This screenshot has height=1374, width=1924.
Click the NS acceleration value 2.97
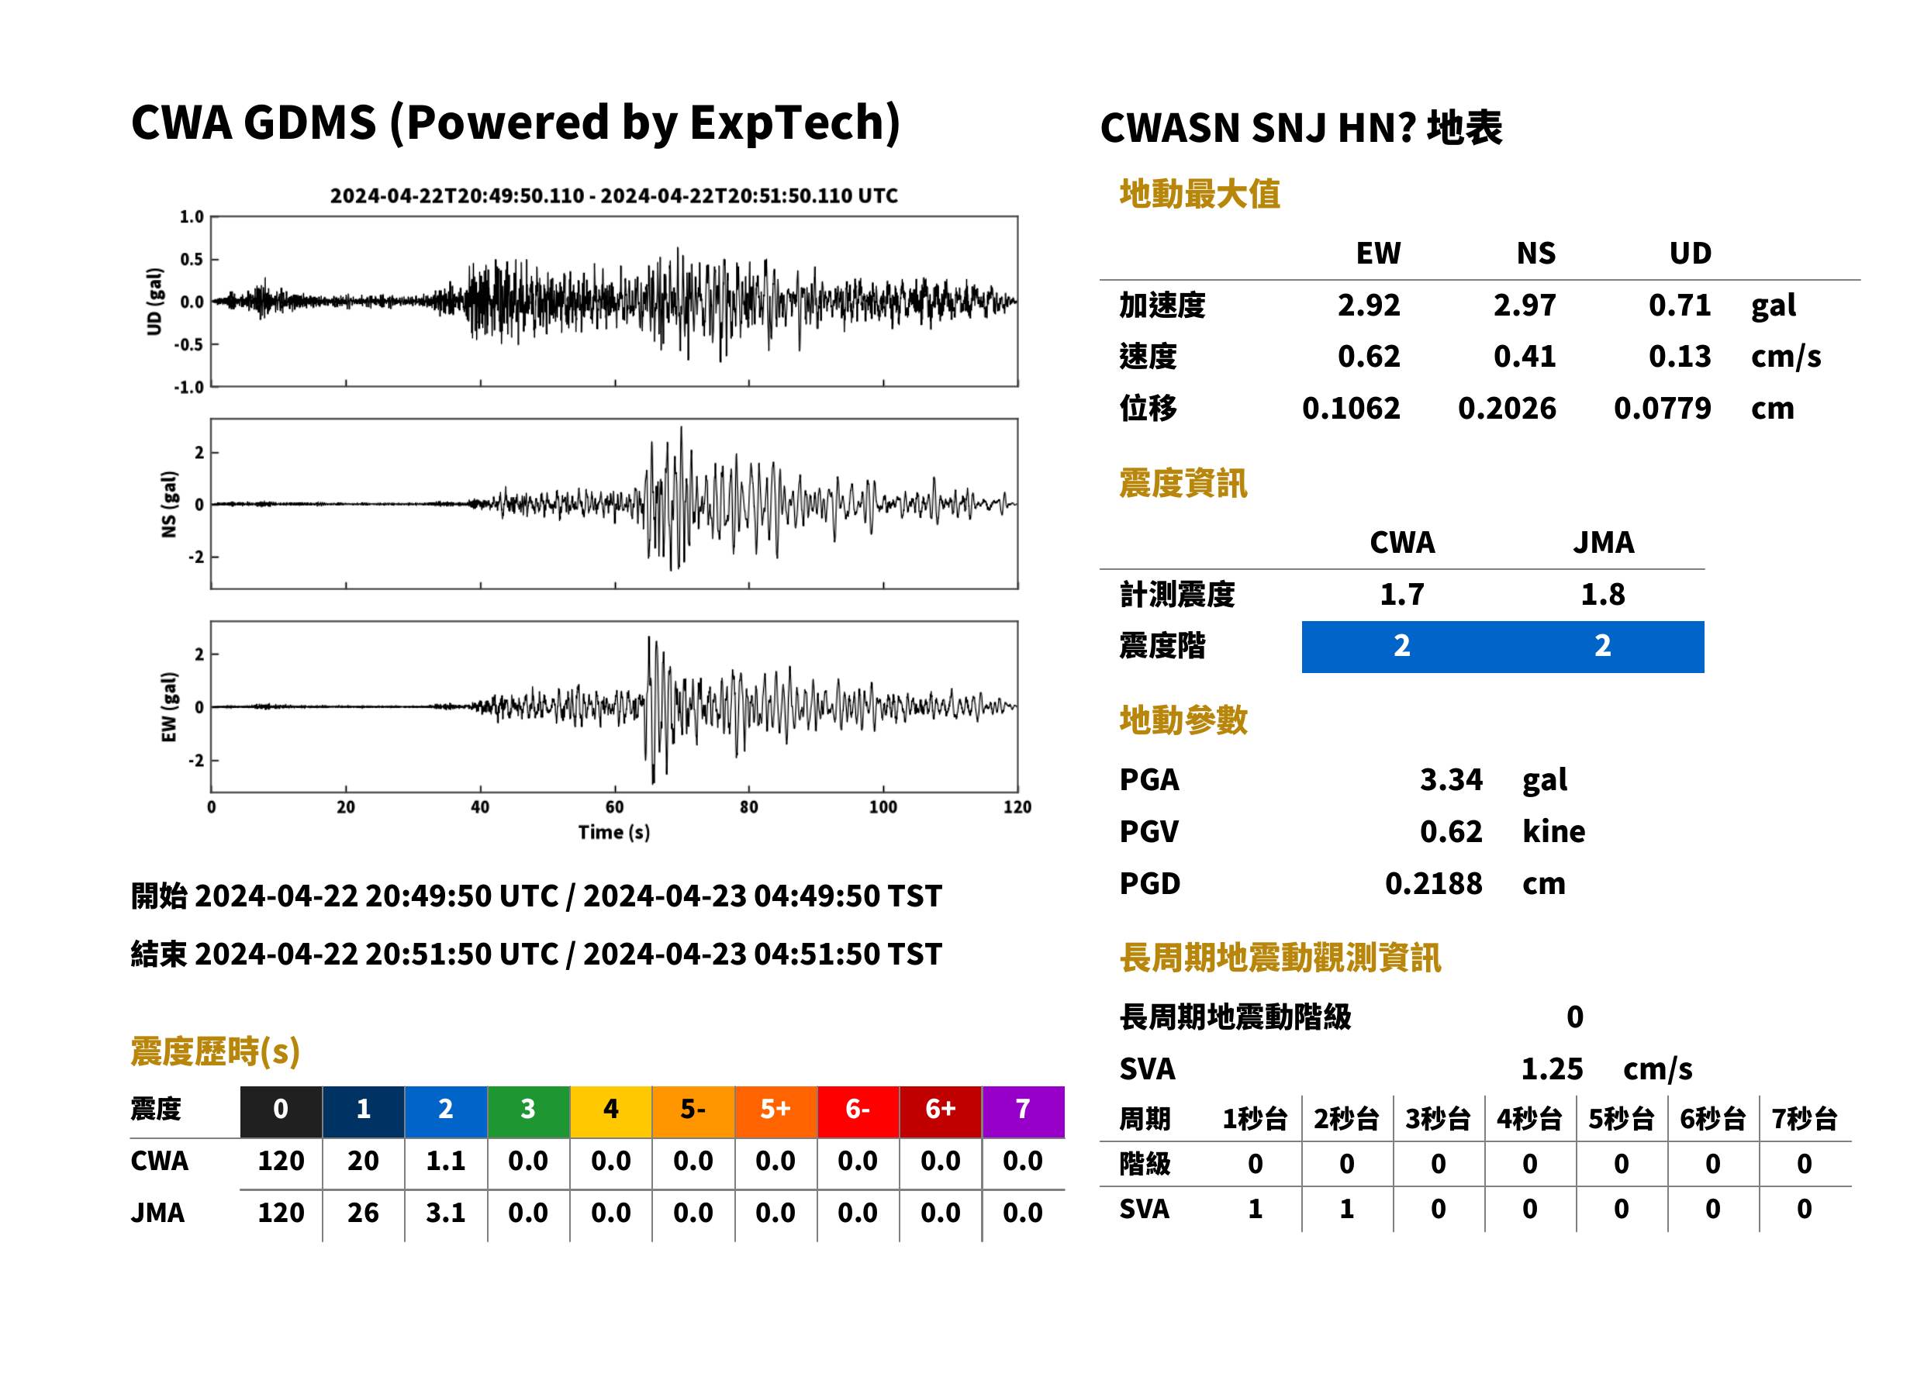click(x=1524, y=306)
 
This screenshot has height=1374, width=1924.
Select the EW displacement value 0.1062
click(x=1350, y=409)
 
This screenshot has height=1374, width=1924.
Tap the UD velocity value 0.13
click(x=1680, y=357)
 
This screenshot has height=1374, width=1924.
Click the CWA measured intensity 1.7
click(x=1402, y=595)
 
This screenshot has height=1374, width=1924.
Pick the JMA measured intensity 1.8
click(x=1602, y=595)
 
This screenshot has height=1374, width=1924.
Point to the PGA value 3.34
click(x=1451, y=779)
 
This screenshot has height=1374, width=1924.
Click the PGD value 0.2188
click(x=1433, y=883)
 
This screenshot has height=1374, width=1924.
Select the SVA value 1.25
click(x=1552, y=1069)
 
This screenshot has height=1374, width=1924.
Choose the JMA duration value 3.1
click(x=446, y=1213)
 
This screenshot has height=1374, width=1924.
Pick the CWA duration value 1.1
click(x=446, y=1162)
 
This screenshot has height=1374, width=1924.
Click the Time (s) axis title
click(x=614, y=833)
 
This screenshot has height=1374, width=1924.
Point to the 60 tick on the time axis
click(x=614, y=807)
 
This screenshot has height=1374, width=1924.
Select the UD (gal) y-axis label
click(x=154, y=302)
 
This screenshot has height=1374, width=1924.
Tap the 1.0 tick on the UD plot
click(x=192, y=217)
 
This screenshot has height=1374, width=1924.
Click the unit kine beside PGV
click(x=1553, y=832)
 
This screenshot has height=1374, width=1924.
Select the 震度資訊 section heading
click(x=1183, y=484)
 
